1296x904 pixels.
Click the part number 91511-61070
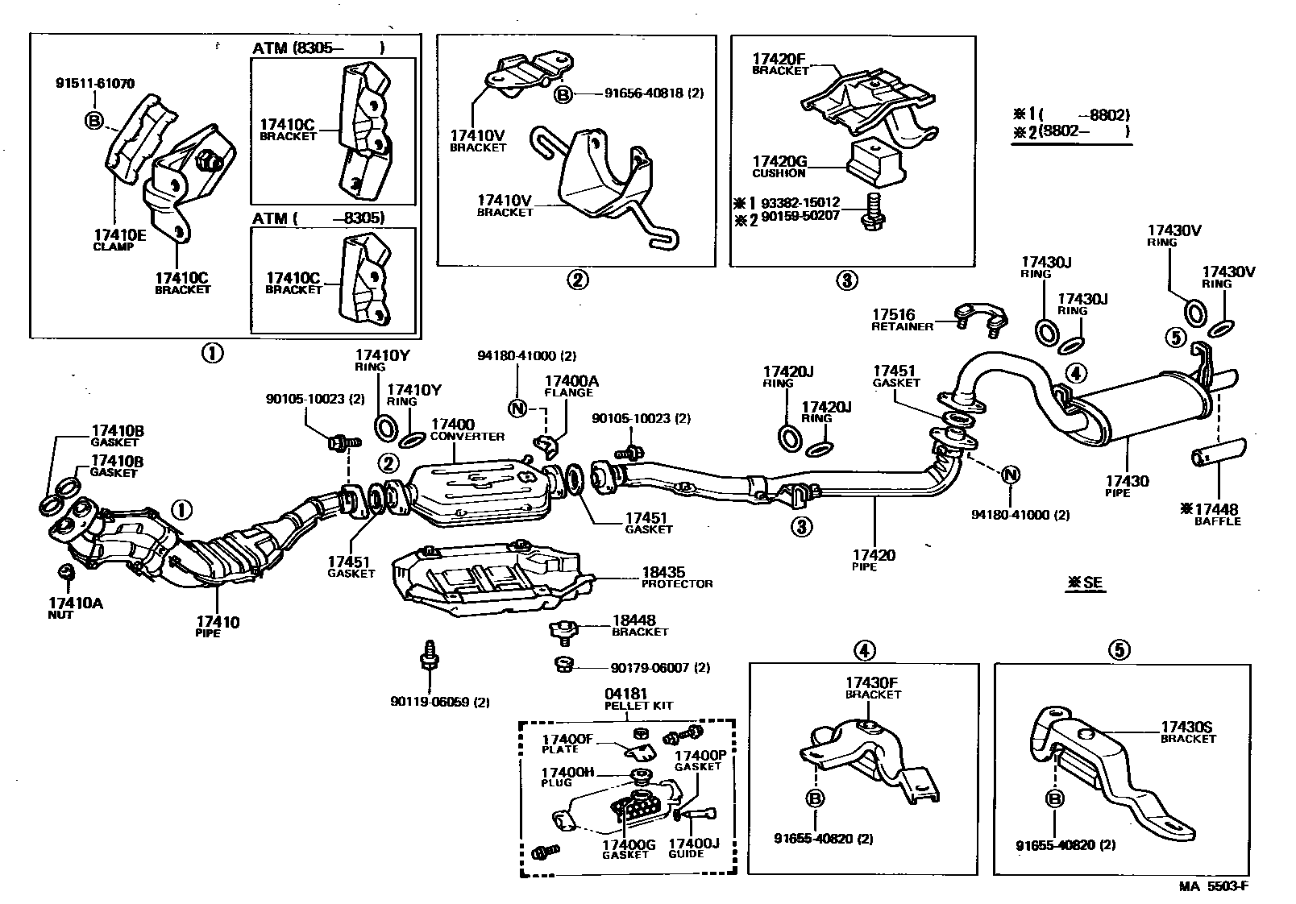coord(95,83)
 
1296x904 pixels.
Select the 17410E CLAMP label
coord(120,239)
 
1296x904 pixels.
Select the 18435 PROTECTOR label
coord(677,577)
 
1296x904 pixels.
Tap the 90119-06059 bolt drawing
coord(430,655)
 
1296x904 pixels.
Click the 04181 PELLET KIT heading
coord(638,699)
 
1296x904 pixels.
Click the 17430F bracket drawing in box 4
coord(870,761)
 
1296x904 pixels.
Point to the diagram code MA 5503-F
coord(1214,886)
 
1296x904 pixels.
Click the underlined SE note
coord(1086,583)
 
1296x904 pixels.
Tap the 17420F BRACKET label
coord(780,64)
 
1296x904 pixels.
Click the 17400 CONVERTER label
coord(467,429)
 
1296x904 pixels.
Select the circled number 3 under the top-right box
coord(846,280)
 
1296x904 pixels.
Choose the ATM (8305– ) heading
coord(318,48)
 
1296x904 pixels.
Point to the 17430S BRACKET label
coord(1188,732)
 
